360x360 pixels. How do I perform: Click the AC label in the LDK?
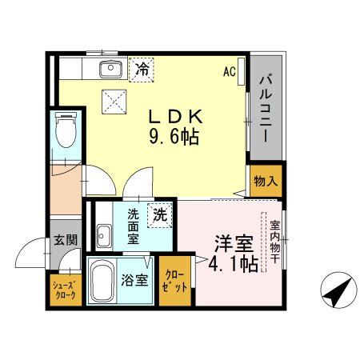tap(229, 71)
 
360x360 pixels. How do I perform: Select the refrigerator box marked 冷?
tap(141, 70)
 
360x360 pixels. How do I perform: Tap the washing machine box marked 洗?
tap(160, 214)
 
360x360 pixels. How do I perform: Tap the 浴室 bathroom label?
tap(134, 281)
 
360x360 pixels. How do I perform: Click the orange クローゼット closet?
tap(174, 282)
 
